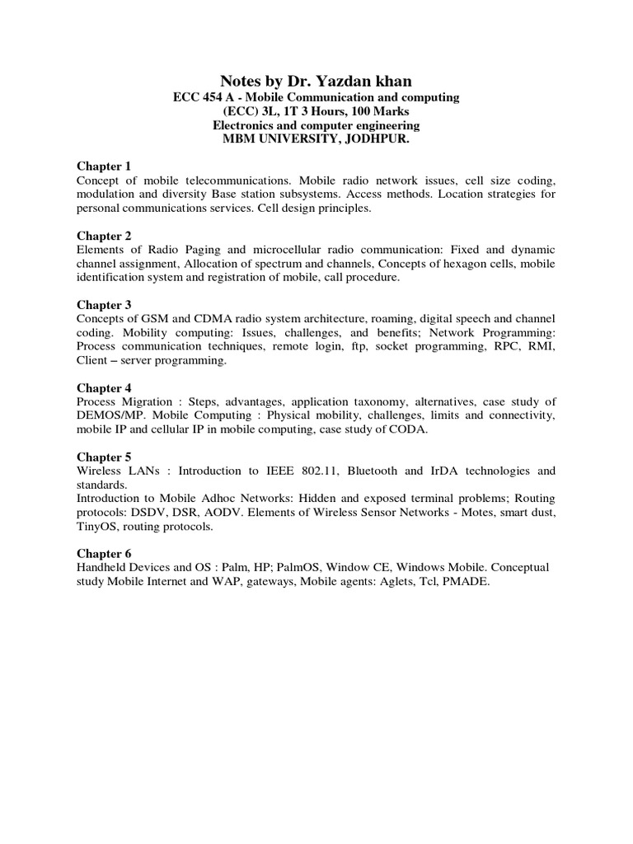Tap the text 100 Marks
coord(378,111)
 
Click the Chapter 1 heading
coord(104,166)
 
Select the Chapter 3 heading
coord(104,305)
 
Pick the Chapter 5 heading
coord(104,457)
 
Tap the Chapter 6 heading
coord(104,554)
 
